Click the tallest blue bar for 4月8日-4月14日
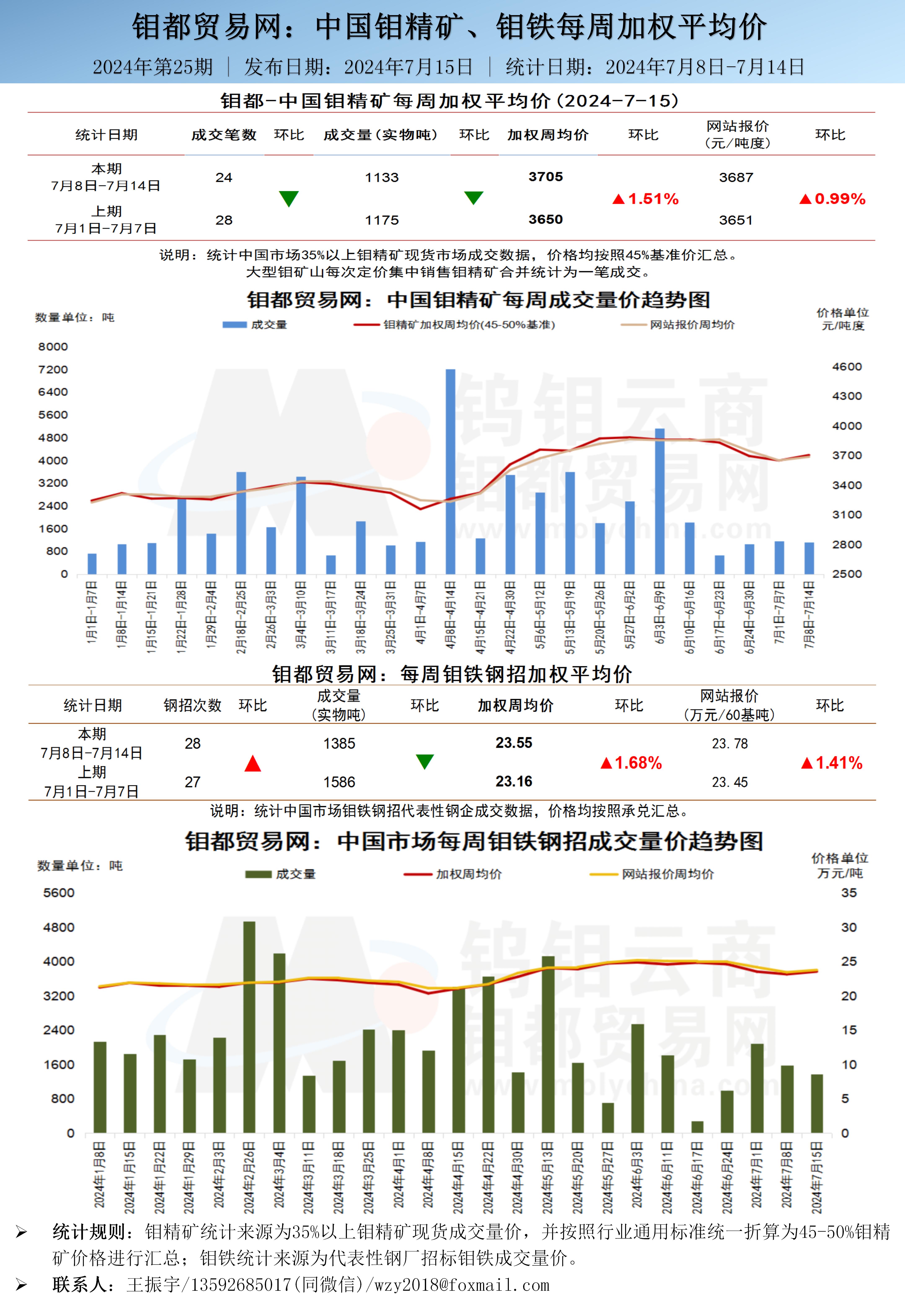pos(450,470)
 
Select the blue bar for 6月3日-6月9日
pos(659,501)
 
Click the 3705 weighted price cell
pos(546,177)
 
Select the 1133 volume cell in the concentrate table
pos(382,177)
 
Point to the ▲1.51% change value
pos(646,199)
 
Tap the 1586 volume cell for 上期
pos(339,782)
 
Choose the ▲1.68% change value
pos(631,763)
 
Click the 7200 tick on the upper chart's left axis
pos(53,370)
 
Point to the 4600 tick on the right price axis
pos(847,367)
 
